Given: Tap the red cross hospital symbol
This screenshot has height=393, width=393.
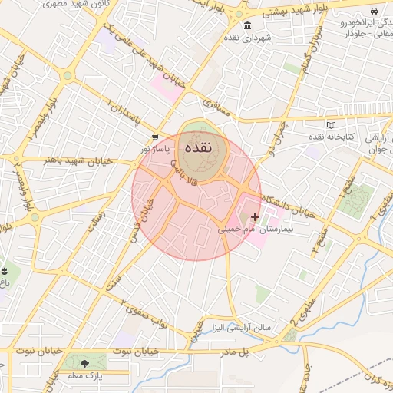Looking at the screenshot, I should [x=256, y=217].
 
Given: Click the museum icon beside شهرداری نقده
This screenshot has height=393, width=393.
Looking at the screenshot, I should [x=247, y=27].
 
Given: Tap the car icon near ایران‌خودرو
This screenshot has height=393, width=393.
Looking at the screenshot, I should [x=373, y=12].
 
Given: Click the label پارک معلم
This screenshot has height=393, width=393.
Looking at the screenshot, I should [x=84, y=376].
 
